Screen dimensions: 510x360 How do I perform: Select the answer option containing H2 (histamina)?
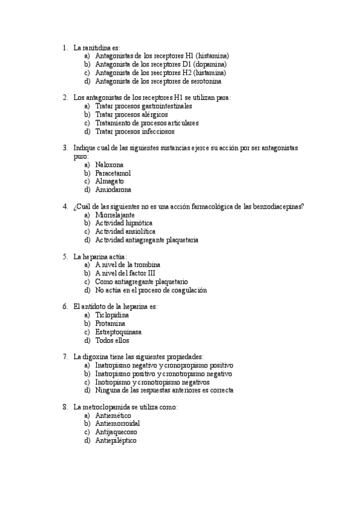coord(162,72)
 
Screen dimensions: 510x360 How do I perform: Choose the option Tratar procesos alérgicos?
coord(132,114)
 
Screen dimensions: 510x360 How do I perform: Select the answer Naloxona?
coord(109,164)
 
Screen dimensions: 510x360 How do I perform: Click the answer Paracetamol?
coord(113,173)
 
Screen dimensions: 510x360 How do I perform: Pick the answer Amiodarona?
coord(113,189)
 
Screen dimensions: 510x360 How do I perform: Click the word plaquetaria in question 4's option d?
coord(180,240)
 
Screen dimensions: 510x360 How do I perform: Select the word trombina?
coord(147,265)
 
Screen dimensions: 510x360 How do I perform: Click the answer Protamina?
coord(112,323)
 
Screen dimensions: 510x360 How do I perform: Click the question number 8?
coord(65,407)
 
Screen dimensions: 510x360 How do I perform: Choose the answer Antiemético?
coord(115,416)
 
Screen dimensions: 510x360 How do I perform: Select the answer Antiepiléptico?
coord(116,441)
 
